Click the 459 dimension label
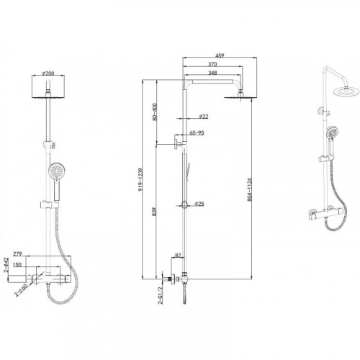point(220,55)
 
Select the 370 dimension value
point(212,64)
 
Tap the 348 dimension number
point(212,73)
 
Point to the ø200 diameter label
point(48,73)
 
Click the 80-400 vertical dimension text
point(155,112)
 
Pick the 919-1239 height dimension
point(140,180)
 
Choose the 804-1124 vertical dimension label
point(250,189)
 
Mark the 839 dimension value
point(154,212)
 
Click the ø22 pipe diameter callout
point(204,117)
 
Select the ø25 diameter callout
point(199,204)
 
